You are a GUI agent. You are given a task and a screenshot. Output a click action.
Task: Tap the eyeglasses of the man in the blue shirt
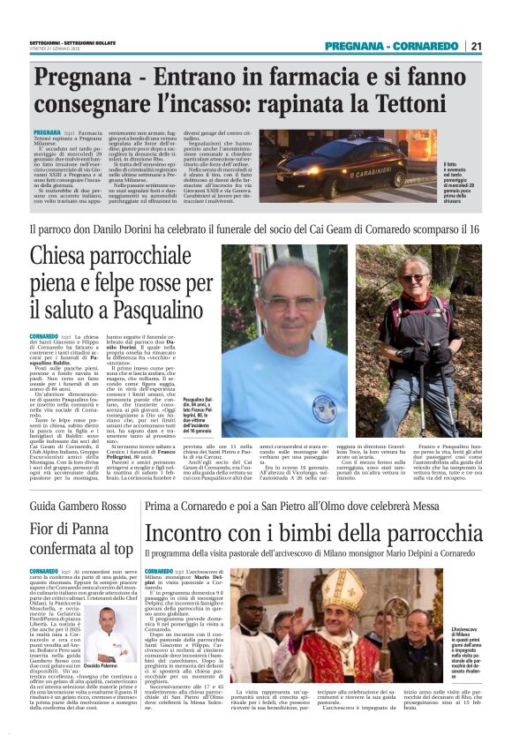[x=290, y=301]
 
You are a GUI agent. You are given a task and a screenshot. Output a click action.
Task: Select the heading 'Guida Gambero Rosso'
[x=80, y=484]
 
